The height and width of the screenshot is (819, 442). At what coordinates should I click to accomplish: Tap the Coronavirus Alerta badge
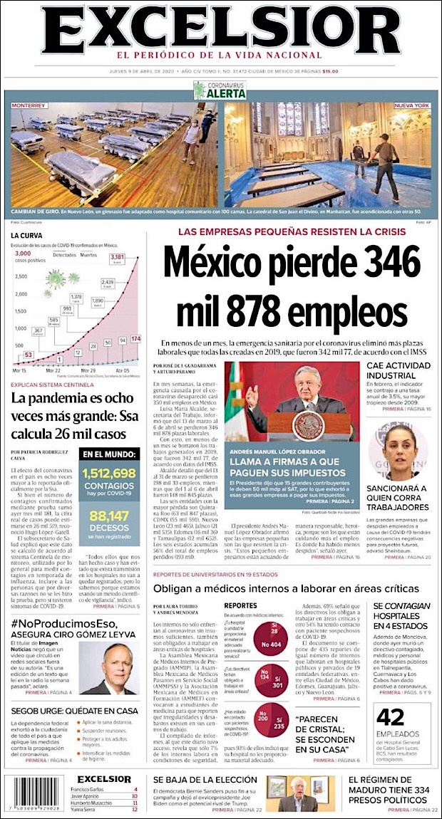[220, 90]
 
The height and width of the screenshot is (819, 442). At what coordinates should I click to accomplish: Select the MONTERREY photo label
[29, 105]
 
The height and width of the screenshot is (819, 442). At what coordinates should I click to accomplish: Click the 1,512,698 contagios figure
[109, 473]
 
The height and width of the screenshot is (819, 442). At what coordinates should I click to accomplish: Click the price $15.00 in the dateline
[330, 71]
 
